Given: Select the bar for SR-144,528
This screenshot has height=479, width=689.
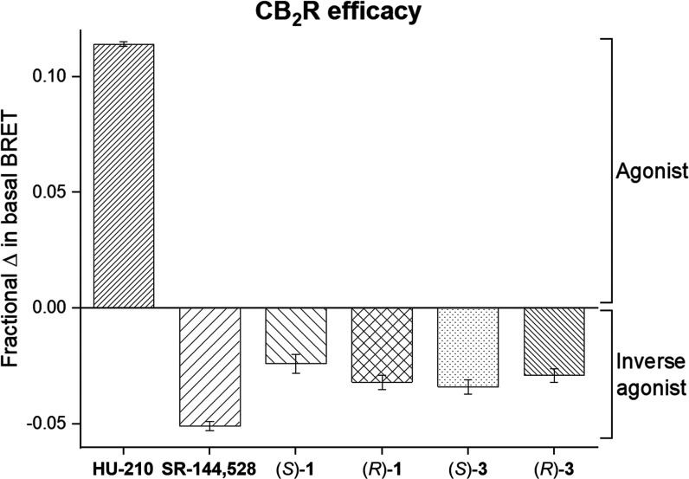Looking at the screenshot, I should [x=209, y=366].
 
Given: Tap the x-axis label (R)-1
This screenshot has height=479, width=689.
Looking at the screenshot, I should [x=382, y=462].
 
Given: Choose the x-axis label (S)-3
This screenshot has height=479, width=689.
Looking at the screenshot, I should [x=468, y=462].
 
